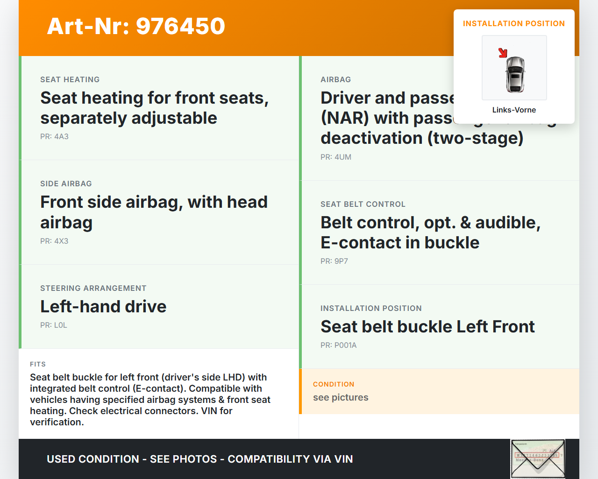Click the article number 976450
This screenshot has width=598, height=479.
click(180, 26)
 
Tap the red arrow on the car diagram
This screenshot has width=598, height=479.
click(503, 53)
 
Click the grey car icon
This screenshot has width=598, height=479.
click(515, 74)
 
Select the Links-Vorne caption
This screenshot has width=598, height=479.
click(514, 110)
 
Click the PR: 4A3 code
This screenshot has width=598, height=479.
click(54, 137)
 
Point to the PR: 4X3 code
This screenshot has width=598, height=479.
click(54, 241)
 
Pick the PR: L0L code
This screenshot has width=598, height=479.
click(54, 325)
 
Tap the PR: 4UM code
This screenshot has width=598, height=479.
click(336, 157)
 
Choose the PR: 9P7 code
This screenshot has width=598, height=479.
click(334, 261)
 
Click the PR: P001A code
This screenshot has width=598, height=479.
click(338, 345)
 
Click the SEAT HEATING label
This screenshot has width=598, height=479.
click(70, 80)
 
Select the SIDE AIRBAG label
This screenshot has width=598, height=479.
click(66, 184)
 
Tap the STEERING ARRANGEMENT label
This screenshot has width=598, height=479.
click(93, 289)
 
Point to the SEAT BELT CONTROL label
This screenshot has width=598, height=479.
click(363, 204)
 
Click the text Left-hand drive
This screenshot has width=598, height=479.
click(103, 307)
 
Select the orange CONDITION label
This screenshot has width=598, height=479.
click(334, 385)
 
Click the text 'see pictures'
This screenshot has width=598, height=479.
click(341, 398)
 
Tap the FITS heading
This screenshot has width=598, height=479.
click(38, 365)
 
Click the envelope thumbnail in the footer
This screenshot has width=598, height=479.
click(538, 459)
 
